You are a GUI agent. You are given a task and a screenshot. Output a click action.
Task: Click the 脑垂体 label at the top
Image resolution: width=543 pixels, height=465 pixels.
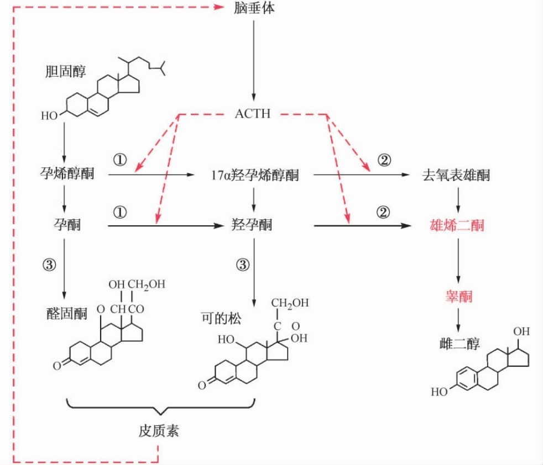(x=254, y=9)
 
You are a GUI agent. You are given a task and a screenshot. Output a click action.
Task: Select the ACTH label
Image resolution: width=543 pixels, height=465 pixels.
(x=253, y=114)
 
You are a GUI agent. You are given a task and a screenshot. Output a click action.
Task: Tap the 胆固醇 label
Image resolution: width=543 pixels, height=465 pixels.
(x=66, y=71)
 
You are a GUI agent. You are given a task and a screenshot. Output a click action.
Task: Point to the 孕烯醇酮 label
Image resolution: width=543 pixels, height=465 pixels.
(x=66, y=175)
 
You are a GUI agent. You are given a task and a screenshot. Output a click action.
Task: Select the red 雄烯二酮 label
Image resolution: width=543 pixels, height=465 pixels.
(x=457, y=225)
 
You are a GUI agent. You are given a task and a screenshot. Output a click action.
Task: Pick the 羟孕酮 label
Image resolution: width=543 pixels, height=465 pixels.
(x=251, y=225)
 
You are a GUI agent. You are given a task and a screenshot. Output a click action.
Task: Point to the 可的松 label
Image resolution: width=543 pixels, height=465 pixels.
(x=221, y=319)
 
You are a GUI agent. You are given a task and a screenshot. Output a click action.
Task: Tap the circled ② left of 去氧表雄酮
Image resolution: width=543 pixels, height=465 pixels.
(x=384, y=160)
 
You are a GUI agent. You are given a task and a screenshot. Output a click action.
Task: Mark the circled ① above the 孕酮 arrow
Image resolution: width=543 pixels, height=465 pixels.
(x=120, y=212)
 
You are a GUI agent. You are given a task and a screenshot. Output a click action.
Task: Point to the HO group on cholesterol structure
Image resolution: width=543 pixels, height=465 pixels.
(x=49, y=116)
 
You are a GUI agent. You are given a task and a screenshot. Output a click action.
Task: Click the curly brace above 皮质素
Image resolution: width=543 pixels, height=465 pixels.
(x=159, y=408)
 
